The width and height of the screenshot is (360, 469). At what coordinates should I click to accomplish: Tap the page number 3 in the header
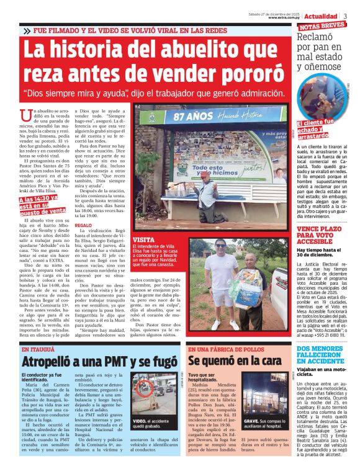tap(346, 16)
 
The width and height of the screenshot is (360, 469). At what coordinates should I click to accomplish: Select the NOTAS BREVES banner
tap(323, 26)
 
